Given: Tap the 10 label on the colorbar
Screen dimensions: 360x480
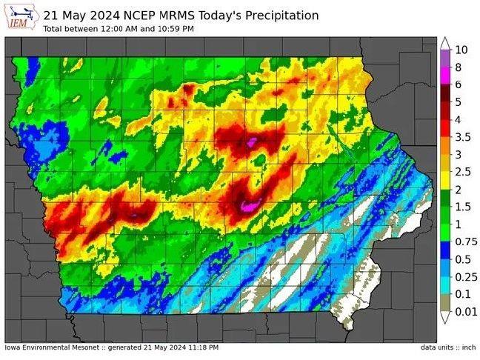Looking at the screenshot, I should click(461, 50).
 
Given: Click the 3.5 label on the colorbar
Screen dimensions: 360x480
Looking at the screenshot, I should click(462, 137).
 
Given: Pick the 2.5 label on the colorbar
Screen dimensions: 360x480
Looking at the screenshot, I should click(462, 172).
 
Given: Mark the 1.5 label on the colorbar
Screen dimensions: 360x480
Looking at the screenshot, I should click(462, 207).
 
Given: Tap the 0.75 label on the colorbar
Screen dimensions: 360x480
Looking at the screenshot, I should click(464, 241).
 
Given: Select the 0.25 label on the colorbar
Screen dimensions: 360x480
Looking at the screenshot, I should click(464, 276).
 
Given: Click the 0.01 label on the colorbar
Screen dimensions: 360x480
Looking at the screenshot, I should click(464, 311).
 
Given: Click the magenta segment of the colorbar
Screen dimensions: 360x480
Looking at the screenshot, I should click(445, 76).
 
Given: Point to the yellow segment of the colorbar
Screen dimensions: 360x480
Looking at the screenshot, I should click(445, 181).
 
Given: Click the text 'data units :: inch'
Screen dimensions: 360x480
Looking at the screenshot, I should click(447, 347).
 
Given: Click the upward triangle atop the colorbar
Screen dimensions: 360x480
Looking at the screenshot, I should click(445, 43).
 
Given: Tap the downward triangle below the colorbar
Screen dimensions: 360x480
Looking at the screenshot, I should click(445, 318).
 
